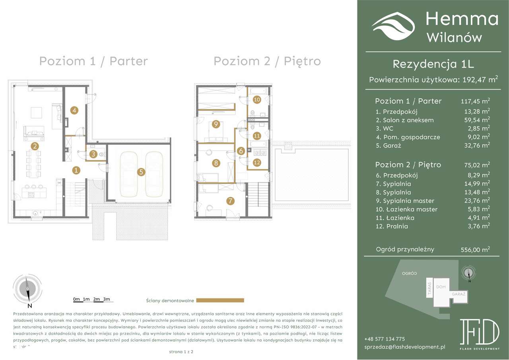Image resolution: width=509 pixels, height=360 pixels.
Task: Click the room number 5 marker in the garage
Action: coord(141,172)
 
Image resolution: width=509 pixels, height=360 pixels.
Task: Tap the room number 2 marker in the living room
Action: coord(35,146)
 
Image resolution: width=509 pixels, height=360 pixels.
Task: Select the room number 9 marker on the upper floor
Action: coord(216,124)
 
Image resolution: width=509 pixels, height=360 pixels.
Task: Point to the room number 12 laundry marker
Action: coord(256,162)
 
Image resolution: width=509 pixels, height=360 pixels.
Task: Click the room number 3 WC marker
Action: coord(93,154)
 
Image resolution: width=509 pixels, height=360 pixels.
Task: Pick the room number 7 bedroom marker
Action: coord(230,201)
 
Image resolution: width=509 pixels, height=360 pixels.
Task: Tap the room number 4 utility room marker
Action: coord(74,110)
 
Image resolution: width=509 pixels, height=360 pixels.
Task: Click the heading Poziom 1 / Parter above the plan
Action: coord(93,61)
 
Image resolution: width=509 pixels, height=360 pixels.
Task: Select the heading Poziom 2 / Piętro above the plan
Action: coord(267,61)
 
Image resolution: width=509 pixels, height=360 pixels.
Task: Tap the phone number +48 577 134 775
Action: coord(384,339)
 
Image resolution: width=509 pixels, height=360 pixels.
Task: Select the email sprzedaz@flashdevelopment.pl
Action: coord(404,347)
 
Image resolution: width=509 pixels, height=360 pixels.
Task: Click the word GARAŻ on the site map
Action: coord(458,294)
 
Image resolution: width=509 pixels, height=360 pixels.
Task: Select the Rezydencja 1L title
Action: coord(433,64)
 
